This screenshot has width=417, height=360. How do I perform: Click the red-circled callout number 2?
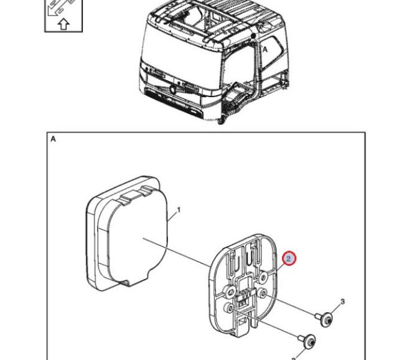289,258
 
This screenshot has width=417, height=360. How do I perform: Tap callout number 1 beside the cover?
179,210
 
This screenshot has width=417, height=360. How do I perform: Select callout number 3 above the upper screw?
342,301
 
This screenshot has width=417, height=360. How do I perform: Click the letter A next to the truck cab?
265,49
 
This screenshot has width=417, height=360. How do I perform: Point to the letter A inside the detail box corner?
53,139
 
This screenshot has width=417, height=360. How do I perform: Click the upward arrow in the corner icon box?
63,24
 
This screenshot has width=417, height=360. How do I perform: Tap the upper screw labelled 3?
324,319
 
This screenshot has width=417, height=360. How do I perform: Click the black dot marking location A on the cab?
253,36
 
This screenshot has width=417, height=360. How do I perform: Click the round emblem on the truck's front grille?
173,89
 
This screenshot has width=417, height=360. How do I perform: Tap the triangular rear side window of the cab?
273,51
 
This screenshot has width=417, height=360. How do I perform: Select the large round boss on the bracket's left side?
230,291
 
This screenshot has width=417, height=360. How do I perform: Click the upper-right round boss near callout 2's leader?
263,278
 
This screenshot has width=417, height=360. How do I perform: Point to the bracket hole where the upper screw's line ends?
263,293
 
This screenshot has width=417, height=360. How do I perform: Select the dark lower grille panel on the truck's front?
174,103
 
